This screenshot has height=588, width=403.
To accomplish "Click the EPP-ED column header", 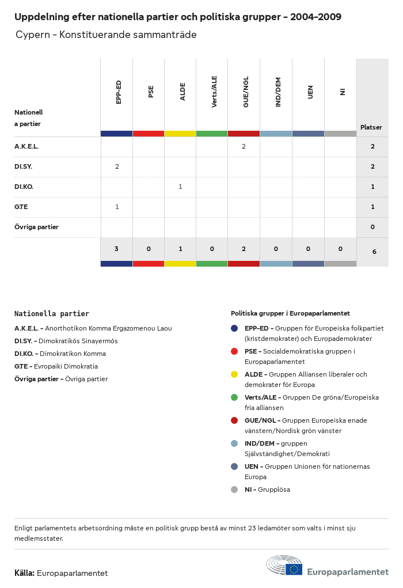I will (x=118, y=92).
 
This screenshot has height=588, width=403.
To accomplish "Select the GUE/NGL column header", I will (x=246, y=92).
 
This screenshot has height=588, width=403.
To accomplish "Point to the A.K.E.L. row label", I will (x=26, y=147).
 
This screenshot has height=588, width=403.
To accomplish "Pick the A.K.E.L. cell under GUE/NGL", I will (x=244, y=147).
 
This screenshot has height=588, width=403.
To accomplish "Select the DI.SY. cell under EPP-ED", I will (x=117, y=167).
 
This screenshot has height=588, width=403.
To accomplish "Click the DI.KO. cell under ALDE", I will (x=180, y=187).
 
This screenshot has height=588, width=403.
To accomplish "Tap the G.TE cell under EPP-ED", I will (x=117, y=207).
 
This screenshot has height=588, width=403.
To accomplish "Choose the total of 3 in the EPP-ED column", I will (x=116, y=249).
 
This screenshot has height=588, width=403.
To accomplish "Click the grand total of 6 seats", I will (x=374, y=252).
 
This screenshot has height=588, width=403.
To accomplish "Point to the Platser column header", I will (x=371, y=127).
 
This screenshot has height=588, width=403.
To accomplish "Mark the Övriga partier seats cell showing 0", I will (x=372, y=227).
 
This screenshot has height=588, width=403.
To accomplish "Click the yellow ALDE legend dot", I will (x=234, y=374).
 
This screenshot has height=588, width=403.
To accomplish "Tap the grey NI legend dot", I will (x=234, y=490).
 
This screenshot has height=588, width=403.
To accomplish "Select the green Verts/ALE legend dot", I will (x=234, y=397).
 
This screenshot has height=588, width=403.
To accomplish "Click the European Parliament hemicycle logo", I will (x=284, y=566).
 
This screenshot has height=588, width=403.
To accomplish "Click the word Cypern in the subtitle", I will (x=32, y=35).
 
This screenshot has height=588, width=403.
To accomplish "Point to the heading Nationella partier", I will (x=52, y=314).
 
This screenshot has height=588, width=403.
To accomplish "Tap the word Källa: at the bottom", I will (x=25, y=574).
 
